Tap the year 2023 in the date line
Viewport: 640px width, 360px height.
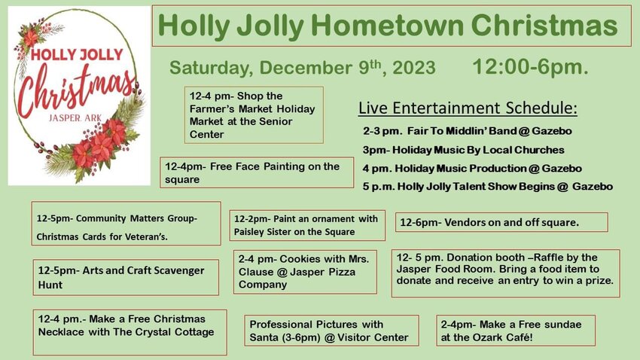(x=414, y=68)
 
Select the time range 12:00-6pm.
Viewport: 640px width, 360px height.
(x=530, y=66)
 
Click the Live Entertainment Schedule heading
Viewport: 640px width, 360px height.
(x=468, y=108)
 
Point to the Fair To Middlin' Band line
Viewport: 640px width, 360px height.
(x=468, y=131)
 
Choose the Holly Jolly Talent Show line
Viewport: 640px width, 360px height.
(x=488, y=187)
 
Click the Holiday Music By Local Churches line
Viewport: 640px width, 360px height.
(x=463, y=150)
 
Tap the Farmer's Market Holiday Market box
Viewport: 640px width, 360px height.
(x=254, y=114)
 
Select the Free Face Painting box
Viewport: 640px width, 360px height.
(x=257, y=172)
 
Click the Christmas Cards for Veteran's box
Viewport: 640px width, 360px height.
(x=126, y=223)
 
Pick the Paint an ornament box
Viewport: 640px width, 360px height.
(x=307, y=225)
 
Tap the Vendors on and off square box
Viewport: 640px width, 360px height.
(x=501, y=222)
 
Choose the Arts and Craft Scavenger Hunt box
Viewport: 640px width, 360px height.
(x=126, y=278)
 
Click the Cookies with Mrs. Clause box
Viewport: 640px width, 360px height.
(x=305, y=272)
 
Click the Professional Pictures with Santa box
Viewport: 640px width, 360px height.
(x=331, y=331)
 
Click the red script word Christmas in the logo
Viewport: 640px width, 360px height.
(x=76, y=90)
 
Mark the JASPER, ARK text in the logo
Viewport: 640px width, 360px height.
(x=75, y=118)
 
